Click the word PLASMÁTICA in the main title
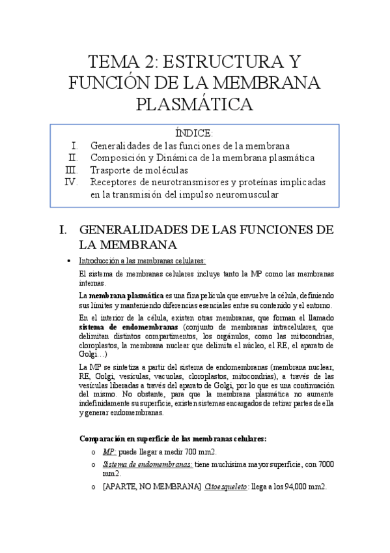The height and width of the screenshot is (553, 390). [195, 104]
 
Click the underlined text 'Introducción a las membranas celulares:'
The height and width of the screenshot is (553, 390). [141, 260]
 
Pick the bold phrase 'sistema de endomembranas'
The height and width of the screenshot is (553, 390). [128, 327]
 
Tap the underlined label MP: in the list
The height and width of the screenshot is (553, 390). [110, 451]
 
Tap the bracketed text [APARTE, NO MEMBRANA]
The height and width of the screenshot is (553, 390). [152, 487]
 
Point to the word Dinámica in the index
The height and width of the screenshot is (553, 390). [188, 157]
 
